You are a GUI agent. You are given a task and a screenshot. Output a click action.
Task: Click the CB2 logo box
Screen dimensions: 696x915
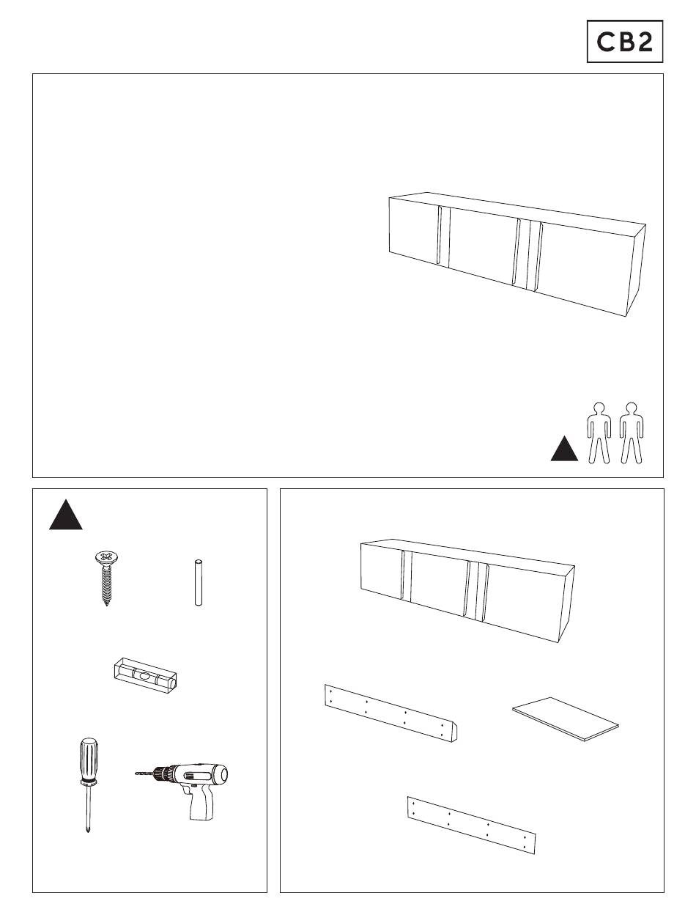click(x=624, y=41)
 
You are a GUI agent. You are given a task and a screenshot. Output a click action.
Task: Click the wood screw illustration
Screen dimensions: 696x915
click(x=107, y=578)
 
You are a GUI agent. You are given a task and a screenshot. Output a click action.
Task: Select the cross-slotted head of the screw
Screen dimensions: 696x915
click(x=107, y=556)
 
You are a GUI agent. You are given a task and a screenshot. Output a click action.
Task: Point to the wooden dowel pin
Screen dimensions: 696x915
click(x=199, y=582)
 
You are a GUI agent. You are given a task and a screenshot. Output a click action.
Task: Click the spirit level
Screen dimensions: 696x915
click(x=145, y=675)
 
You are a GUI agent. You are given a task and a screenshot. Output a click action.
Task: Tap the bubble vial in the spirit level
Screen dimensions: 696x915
click(x=144, y=675)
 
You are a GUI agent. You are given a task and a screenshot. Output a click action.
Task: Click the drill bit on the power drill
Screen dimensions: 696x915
click(x=144, y=773)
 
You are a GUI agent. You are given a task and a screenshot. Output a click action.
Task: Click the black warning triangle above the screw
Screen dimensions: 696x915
click(x=65, y=515)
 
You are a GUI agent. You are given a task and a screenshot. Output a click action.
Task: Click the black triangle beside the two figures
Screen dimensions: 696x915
click(x=564, y=449)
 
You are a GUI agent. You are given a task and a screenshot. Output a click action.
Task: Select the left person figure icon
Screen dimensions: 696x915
click(x=599, y=433)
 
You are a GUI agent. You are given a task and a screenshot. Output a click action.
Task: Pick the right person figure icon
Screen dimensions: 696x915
click(x=632, y=433)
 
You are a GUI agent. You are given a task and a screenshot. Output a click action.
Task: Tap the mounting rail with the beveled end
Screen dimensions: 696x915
click(x=390, y=713)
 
